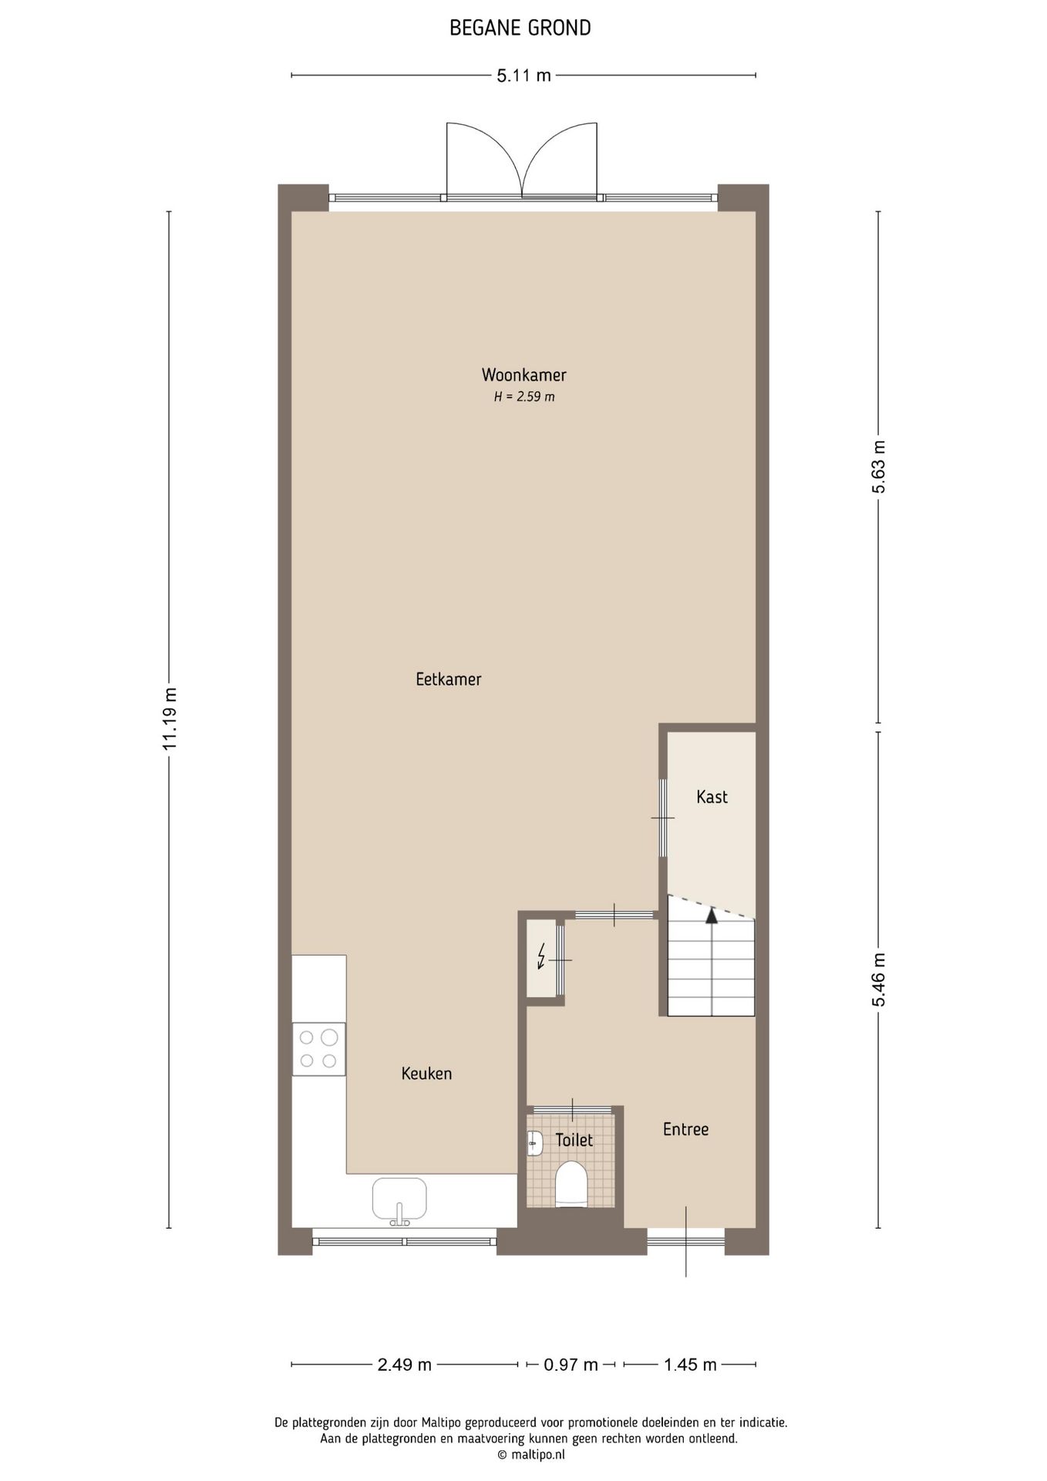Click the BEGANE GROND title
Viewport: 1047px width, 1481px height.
pos(520,29)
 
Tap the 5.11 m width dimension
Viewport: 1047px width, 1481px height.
pos(523,76)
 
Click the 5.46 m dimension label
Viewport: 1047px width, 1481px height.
pos(879,980)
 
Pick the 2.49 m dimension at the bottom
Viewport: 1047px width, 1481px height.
pos(404,1365)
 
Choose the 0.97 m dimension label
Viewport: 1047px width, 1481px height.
pos(571,1365)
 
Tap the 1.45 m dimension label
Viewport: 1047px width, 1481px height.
pos(690,1365)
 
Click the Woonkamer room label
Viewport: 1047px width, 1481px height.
pos(523,375)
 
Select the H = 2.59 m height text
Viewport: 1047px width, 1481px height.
pos(523,397)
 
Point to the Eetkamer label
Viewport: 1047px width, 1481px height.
pos(448,680)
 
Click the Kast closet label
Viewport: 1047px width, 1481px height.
pos(711,797)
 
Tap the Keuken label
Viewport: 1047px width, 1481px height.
pos(426,1073)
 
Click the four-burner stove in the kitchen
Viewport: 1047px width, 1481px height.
pos(319,1049)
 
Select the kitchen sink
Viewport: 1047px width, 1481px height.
pos(399,1199)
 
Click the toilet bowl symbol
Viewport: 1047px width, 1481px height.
pos(571,1184)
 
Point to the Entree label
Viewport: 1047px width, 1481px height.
pos(685,1129)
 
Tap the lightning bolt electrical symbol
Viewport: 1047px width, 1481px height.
pos(541,956)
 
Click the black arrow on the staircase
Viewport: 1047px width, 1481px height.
pos(711,916)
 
